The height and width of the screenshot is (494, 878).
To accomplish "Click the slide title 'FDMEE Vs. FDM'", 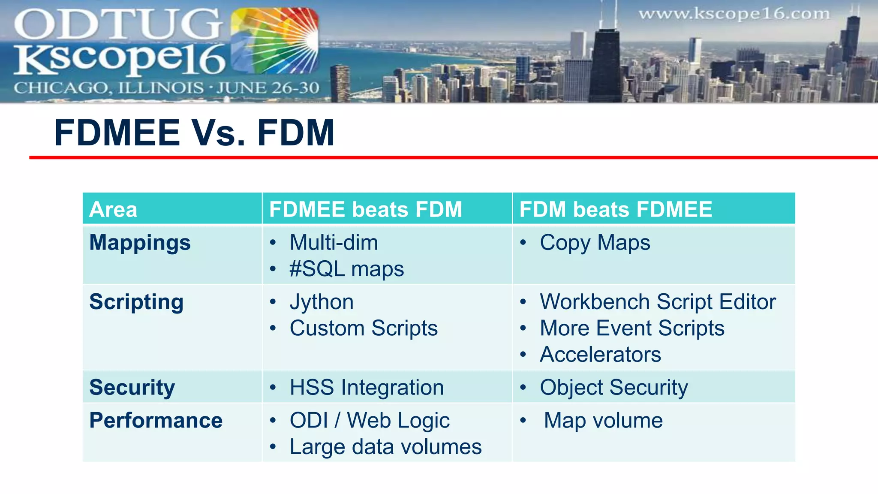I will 194,133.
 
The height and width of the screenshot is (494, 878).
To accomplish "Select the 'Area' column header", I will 113,210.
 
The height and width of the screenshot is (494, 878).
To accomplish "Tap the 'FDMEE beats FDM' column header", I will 365,210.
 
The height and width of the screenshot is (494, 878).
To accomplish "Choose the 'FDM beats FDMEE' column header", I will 616,210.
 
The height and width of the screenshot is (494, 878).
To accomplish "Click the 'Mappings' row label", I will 140,243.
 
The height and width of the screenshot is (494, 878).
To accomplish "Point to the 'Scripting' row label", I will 136,302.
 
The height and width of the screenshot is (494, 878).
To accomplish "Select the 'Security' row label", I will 132,388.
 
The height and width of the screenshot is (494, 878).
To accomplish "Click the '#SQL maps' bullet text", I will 346,269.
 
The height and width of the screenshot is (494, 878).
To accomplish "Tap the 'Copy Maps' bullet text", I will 595,243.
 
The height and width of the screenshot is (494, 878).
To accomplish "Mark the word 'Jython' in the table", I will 322,302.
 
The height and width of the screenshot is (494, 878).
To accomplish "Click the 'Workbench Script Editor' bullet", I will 658,302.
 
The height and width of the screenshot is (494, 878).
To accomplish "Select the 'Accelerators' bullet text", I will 600,355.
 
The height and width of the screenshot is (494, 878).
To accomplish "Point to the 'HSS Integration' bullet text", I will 367,388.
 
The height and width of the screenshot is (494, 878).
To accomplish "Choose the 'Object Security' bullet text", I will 614,388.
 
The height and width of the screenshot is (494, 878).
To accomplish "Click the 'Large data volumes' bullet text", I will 385,447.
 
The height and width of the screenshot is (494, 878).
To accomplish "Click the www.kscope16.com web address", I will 734,14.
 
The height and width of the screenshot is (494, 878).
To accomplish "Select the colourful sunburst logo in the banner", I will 274,41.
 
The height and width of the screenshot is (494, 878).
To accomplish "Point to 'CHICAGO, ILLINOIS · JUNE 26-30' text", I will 166,88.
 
